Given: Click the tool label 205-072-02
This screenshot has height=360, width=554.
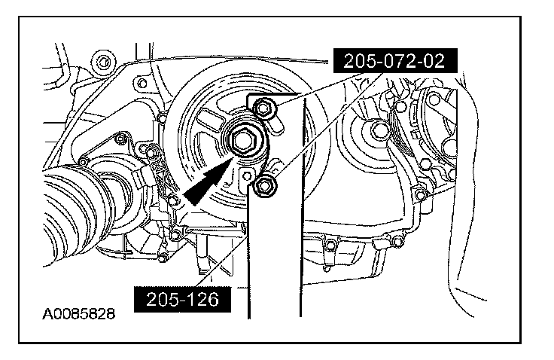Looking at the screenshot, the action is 395,61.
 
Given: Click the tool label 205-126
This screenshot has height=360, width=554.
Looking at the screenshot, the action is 182,300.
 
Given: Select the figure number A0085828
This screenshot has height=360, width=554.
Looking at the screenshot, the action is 78,313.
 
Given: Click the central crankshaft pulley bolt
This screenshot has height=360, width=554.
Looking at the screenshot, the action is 243,141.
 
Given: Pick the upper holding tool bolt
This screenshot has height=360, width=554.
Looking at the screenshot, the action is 263,107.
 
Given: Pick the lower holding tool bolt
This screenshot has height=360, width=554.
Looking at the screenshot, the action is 263,186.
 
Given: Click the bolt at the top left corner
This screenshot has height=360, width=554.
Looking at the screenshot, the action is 103,63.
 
